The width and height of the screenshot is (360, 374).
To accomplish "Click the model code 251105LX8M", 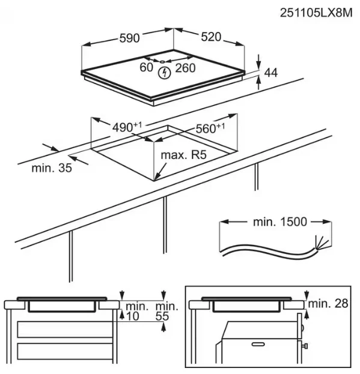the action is [x=316, y=13].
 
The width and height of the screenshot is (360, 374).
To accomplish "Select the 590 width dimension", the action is [x=129, y=38].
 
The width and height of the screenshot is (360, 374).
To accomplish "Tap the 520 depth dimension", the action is [x=211, y=37].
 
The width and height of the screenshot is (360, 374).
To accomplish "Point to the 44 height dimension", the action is [x=271, y=73].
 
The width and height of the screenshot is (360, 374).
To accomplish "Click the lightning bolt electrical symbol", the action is [x=165, y=73].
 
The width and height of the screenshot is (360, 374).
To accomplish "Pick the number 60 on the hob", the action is [x=146, y=67].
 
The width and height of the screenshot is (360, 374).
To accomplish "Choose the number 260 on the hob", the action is [x=186, y=68].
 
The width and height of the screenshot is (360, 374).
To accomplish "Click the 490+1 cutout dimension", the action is [x=127, y=127].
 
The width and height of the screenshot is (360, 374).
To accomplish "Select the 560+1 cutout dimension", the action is [x=210, y=128].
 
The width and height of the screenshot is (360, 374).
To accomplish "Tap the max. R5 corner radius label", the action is [x=183, y=155].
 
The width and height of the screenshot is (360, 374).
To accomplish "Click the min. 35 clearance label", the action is [x=52, y=168].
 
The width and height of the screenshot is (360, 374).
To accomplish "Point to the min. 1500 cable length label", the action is [x=280, y=222].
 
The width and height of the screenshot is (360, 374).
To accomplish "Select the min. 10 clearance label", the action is [x=135, y=311].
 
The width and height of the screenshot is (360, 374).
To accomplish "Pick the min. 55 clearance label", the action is [x=166, y=311].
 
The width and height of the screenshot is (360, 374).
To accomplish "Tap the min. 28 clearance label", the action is [x=328, y=304].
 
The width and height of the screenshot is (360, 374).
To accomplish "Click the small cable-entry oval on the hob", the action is [x=162, y=62].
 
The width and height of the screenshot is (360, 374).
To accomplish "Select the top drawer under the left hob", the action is [x=65, y=330].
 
